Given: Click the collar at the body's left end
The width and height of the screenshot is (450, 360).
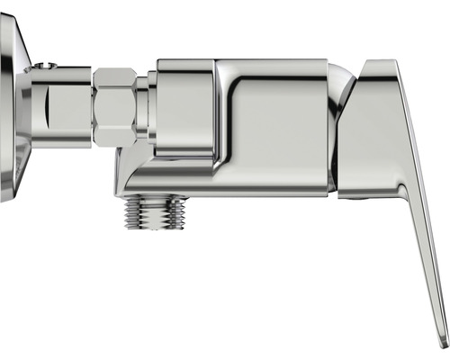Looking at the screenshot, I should pos(184,108).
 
